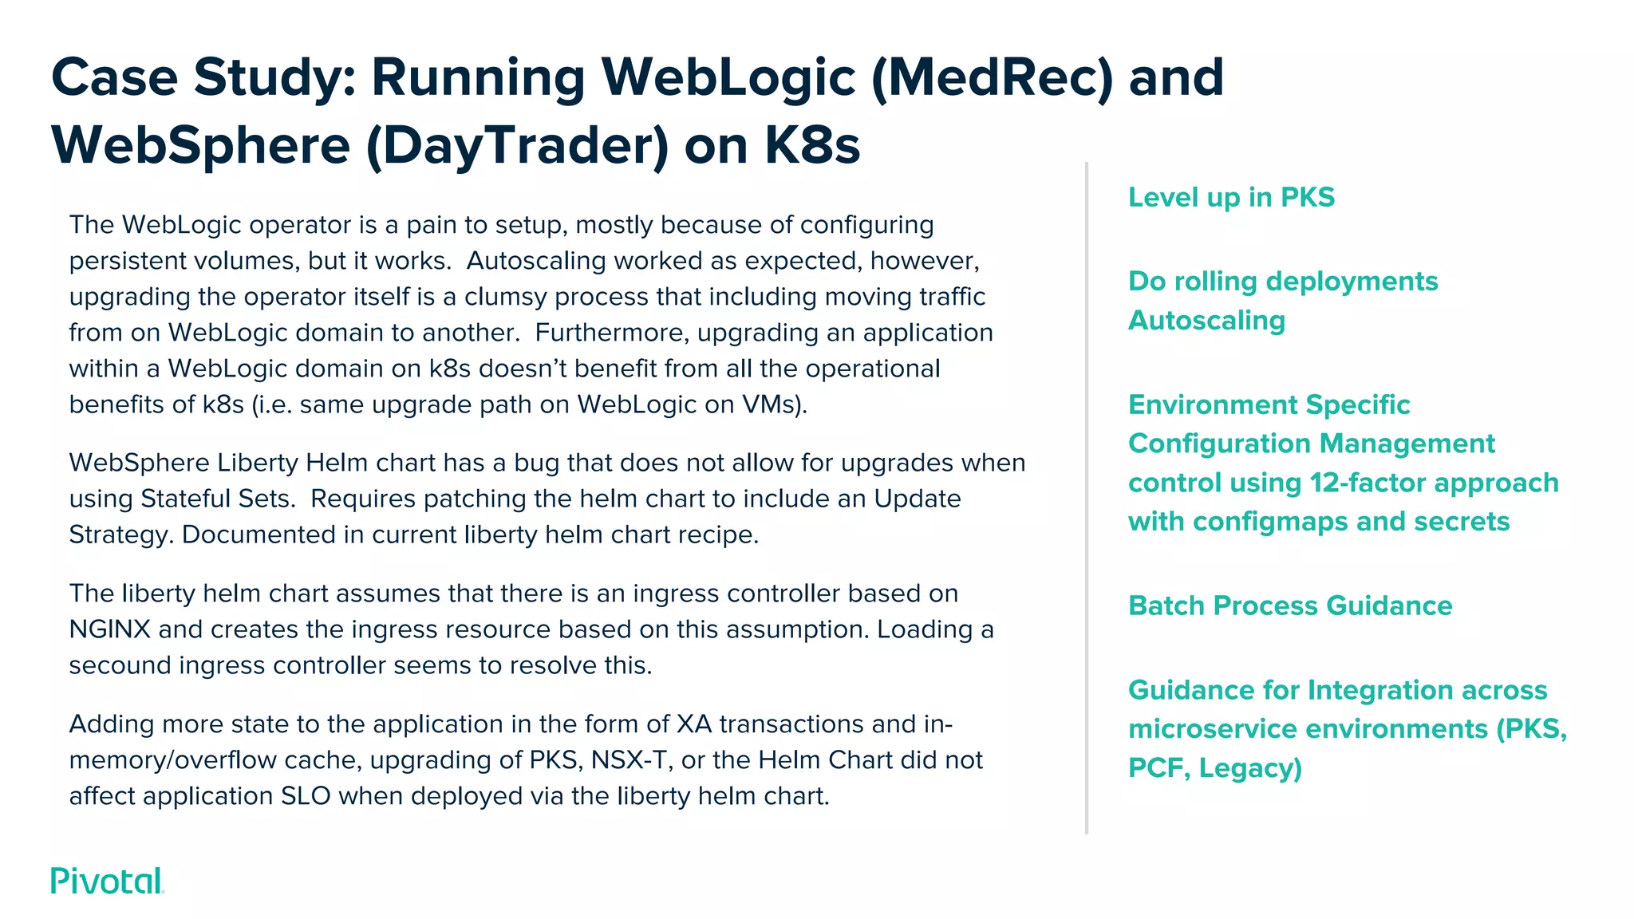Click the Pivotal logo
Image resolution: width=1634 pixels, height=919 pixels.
pos(107,882)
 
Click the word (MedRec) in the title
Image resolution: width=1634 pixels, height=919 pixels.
pos(991,78)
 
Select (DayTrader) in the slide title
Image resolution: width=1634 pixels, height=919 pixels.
pos(517,146)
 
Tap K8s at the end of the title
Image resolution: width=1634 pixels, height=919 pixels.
pos(811,146)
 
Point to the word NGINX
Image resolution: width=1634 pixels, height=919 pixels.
pos(109,629)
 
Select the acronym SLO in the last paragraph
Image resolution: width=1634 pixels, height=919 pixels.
pos(306,796)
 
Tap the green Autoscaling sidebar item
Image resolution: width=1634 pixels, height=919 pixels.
pos(1206,321)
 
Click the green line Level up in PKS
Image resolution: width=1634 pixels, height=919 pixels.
pos(1231,197)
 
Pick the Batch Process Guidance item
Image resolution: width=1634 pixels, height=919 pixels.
pos(1289,605)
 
